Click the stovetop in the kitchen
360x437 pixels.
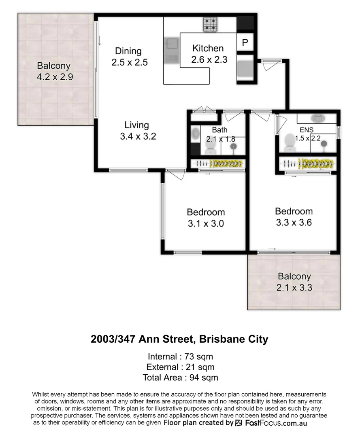(211, 24)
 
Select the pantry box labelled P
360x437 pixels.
(245, 42)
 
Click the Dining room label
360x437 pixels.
(128, 51)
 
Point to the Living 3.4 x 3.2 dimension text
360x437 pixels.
(138, 137)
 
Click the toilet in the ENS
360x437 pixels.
(290, 141)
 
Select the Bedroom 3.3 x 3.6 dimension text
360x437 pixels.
(294, 223)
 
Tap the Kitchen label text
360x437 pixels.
(208, 48)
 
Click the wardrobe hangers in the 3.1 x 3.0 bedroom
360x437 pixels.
(219, 163)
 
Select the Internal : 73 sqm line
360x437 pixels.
(180, 356)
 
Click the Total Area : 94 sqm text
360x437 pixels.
(180, 378)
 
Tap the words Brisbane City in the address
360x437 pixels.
(234, 339)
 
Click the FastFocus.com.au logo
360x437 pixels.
(271, 423)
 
